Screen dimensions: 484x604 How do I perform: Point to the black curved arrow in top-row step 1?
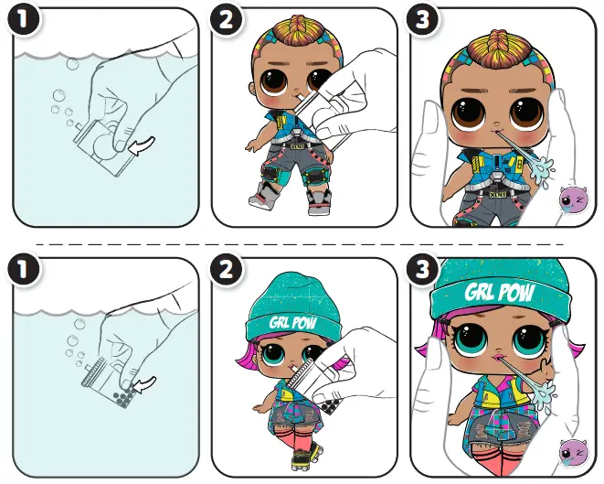(x=141, y=145)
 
